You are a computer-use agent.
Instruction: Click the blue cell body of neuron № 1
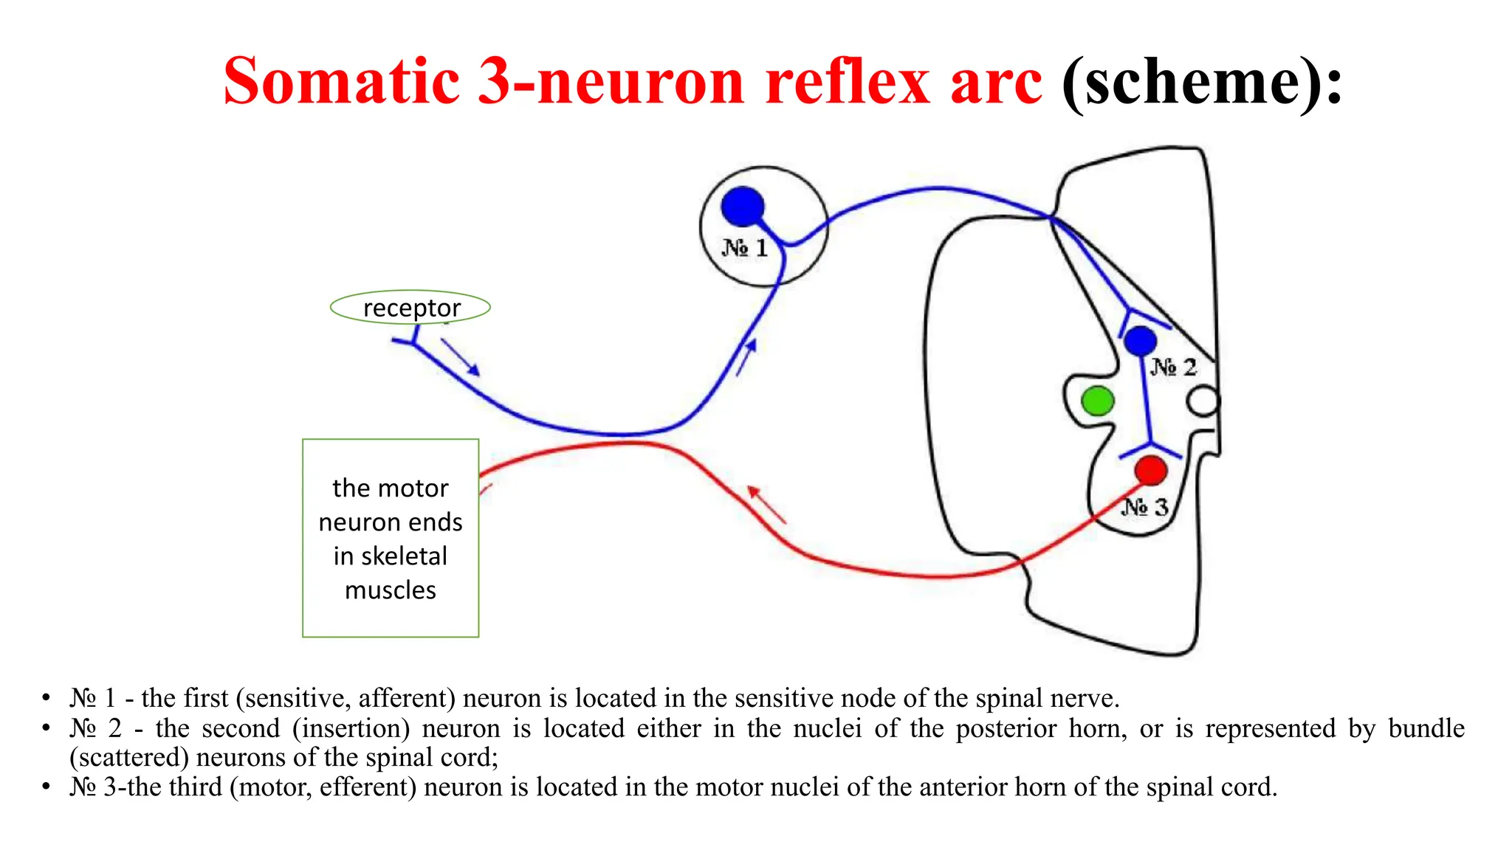[742, 206]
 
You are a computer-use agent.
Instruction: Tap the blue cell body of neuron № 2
[1140, 341]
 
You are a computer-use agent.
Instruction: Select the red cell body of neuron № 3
[1150, 470]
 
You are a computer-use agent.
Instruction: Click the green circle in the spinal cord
[1097, 401]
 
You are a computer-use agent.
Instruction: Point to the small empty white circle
[1203, 402]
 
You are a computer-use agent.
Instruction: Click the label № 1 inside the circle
[744, 248]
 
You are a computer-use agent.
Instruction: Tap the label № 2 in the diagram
[1173, 367]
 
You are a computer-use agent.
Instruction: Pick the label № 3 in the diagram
[1145, 507]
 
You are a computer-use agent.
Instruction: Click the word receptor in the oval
[411, 308]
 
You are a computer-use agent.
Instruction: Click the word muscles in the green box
[391, 590]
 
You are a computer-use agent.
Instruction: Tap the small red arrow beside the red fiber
[766, 505]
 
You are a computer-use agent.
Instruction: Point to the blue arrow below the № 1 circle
[746, 357]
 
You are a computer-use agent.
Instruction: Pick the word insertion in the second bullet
[351, 728]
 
